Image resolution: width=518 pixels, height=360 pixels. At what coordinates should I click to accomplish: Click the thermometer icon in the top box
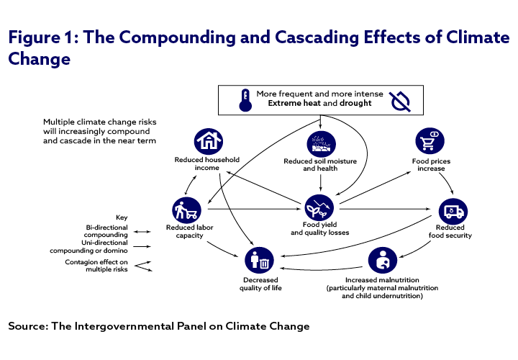246,99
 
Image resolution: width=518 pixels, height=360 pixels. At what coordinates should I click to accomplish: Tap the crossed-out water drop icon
399,101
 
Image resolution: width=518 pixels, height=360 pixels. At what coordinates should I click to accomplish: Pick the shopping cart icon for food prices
432,142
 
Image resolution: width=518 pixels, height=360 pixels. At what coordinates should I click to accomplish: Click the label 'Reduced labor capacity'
185,232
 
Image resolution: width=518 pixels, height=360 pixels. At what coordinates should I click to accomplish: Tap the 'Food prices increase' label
432,166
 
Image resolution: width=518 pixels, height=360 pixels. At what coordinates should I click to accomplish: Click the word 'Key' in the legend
122,217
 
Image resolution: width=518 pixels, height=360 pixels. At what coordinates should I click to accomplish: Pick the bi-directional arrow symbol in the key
142,231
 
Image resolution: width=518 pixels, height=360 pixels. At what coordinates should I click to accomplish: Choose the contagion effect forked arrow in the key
143,266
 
